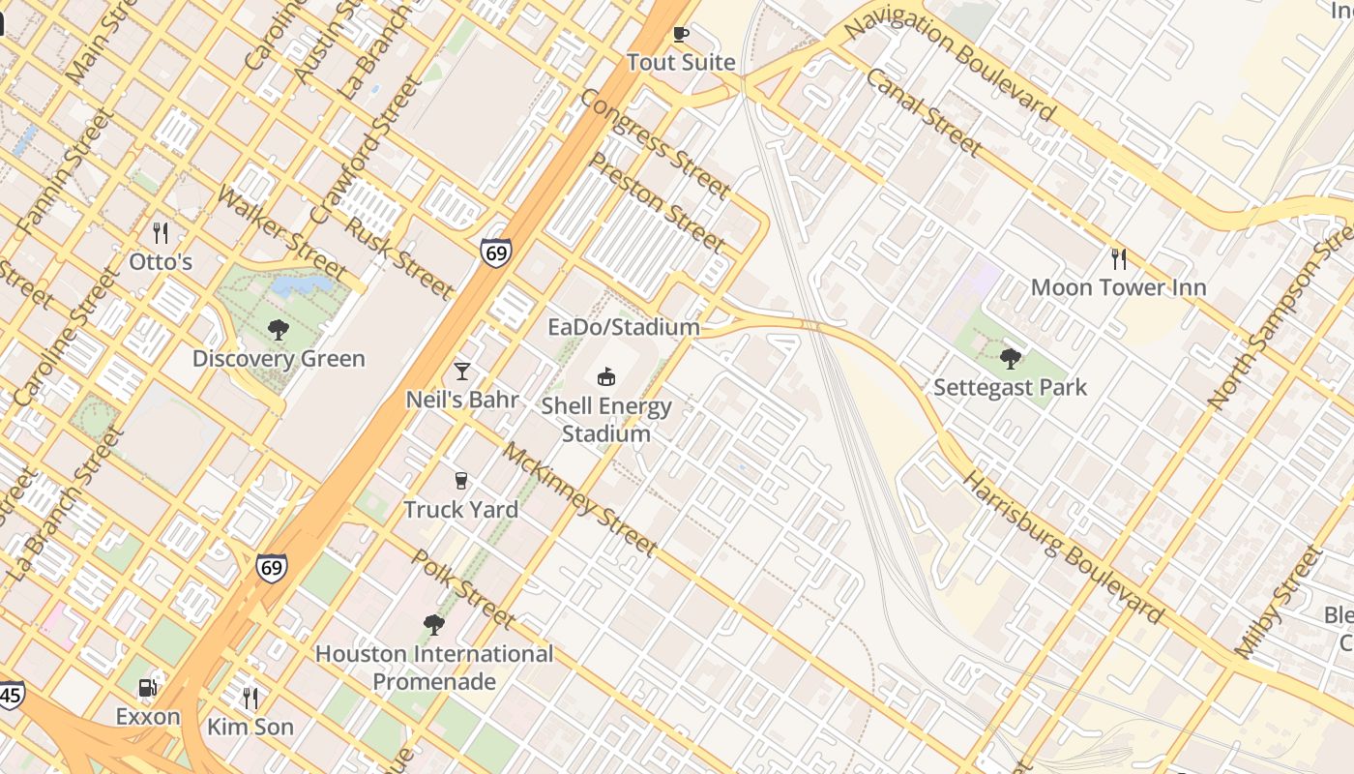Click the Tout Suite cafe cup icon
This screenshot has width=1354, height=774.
pos(681,35)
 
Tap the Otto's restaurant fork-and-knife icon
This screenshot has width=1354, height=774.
pos(162,233)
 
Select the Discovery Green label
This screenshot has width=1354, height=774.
pos(279,359)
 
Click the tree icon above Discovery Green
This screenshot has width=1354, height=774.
pos(279,330)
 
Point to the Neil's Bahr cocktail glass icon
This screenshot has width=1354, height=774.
pos(462,371)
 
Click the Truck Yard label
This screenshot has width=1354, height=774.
pos(460,510)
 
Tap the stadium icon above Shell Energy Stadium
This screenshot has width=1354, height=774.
pos(606,376)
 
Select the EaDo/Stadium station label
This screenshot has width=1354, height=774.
pos(623,327)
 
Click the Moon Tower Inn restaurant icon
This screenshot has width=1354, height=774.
pos(1119,258)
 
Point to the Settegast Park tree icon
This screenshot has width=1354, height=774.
pos(1011,359)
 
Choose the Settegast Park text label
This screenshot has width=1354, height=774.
pos(1010,388)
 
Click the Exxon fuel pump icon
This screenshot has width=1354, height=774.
pos(148,688)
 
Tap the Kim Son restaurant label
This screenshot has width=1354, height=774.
pos(250,727)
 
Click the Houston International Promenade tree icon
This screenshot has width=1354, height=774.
pos(434,625)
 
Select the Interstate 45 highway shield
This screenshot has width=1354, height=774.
pos(10,695)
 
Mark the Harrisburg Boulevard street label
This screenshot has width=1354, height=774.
pos(1065,548)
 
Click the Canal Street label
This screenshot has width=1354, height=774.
pos(924,113)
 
